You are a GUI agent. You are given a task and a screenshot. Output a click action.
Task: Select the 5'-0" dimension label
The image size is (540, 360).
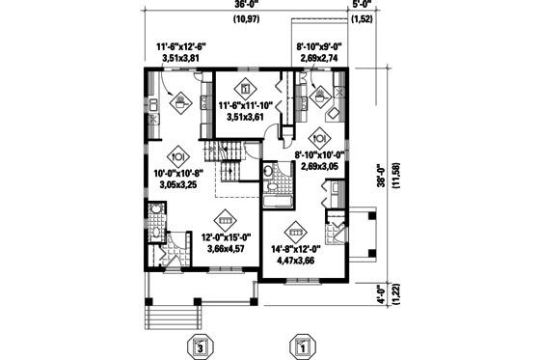click(364, 6)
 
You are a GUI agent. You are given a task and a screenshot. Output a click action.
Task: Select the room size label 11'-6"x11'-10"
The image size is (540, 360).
click(248, 105)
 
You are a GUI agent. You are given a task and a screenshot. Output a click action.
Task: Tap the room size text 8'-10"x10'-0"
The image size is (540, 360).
click(324, 152)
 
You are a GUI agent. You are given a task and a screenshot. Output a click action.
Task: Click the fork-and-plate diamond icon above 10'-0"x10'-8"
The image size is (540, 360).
click(176, 154)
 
